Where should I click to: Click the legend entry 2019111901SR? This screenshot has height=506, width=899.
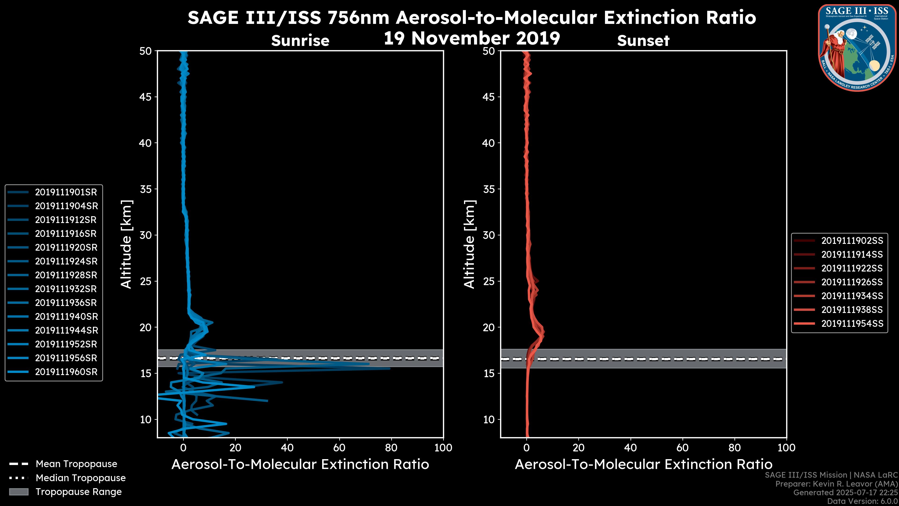pyautogui.click(x=66, y=192)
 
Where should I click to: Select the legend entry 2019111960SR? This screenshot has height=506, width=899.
pyautogui.click(x=66, y=372)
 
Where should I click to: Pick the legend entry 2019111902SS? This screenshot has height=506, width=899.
pyautogui.click(x=852, y=241)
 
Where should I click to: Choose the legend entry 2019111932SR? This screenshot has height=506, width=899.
pyautogui.click(x=66, y=289)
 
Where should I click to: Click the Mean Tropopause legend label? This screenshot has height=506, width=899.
pyautogui.click(x=76, y=464)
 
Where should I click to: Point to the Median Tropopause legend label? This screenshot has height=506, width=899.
pyautogui.click(x=81, y=478)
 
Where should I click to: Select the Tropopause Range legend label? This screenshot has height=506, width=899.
pyautogui.click(x=78, y=492)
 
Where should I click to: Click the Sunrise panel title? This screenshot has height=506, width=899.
pyautogui.click(x=300, y=41)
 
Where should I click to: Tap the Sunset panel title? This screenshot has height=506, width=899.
pyautogui.click(x=643, y=41)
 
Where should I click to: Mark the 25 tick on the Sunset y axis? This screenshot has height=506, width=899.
pyautogui.click(x=489, y=281)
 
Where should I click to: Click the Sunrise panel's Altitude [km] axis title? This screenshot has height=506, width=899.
pyautogui.click(x=126, y=244)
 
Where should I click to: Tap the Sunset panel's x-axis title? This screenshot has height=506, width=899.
pyautogui.click(x=643, y=465)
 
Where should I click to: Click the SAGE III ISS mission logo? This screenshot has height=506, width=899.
pyautogui.click(x=858, y=48)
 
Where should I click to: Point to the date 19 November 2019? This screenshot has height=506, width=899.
pyautogui.click(x=472, y=38)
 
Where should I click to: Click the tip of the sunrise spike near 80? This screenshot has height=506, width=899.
pyautogui.click(x=390, y=368)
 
